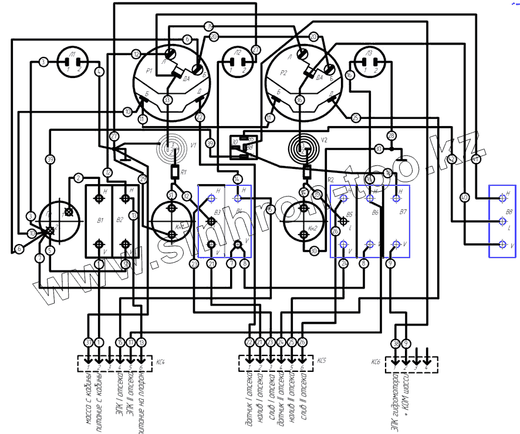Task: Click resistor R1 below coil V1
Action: [174, 172]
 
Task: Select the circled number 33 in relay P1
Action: [168, 100]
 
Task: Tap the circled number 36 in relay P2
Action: [300, 100]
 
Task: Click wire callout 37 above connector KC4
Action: [89, 342]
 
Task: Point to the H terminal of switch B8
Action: [502, 198]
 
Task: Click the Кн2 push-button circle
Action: [302, 221]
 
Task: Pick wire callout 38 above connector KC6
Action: [396, 343]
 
